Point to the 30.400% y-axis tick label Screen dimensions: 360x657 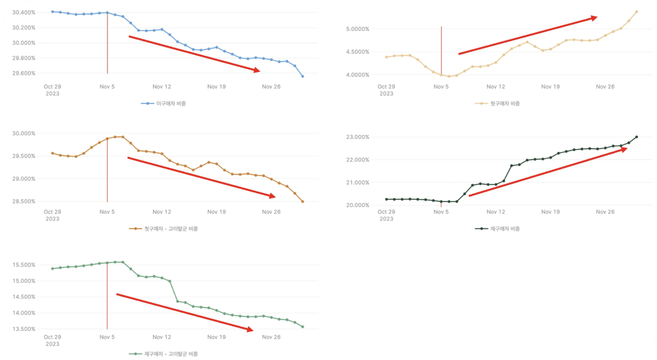pyautogui.click(x=24, y=12)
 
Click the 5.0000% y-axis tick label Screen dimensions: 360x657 pyautogui.click(x=356, y=29)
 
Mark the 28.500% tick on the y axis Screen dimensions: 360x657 pyautogui.click(x=24, y=201)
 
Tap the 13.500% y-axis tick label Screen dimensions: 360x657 pyautogui.click(x=24, y=329)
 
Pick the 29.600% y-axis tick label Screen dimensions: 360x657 pyautogui.click(x=24, y=73)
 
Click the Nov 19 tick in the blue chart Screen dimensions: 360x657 pyautogui.click(x=216, y=87)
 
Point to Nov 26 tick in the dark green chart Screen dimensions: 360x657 pyautogui.click(x=605, y=212)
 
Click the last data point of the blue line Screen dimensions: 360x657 pyautogui.click(x=303, y=77)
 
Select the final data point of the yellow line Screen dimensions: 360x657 pyautogui.click(x=636, y=12)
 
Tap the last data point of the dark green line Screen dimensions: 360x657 pyautogui.click(x=636, y=137)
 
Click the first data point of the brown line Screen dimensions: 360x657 pyautogui.click(x=52, y=153)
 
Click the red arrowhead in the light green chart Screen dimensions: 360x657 pyautogui.click(x=250, y=330)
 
